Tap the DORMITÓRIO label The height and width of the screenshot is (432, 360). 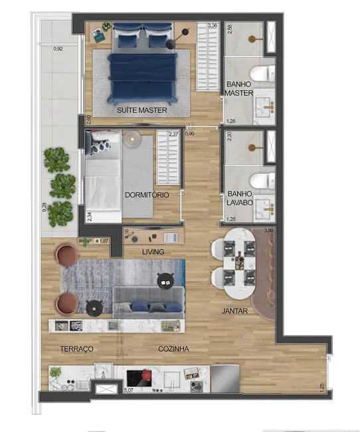tap(147, 195)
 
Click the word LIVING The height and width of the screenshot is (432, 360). tap(153, 253)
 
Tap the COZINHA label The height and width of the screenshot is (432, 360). tap(174, 349)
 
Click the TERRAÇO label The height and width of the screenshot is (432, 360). tap(76, 349)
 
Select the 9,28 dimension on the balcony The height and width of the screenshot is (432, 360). tap(44, 207)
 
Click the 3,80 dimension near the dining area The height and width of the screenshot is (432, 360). tap(268, 231)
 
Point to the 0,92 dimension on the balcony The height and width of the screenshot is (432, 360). tap(58, 49)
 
